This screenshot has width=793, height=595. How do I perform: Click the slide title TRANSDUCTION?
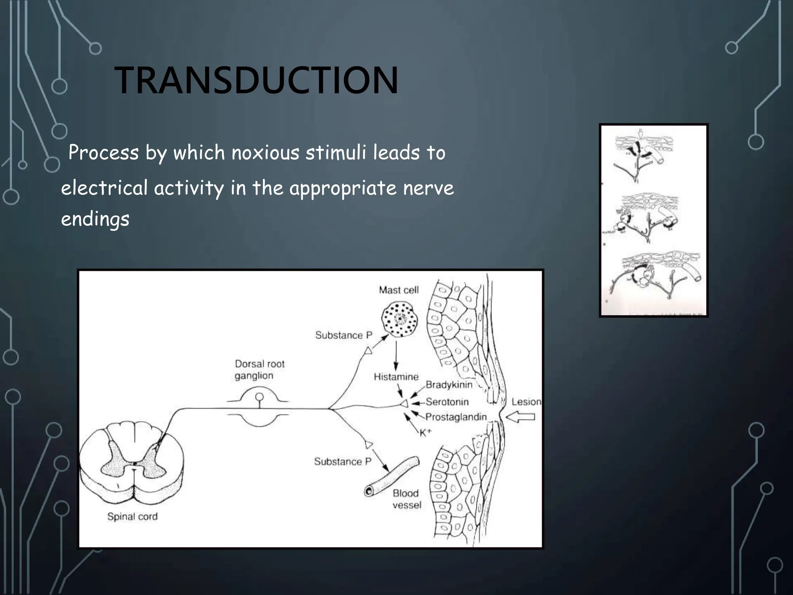point(256,80)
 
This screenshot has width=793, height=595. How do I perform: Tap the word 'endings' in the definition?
point(95,219)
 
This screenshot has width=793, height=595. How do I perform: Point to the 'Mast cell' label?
point(398,290)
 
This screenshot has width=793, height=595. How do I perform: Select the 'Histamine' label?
point(396,377)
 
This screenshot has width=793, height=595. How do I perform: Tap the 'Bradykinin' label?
point(449,385)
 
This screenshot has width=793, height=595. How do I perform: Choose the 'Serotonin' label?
point(447,402)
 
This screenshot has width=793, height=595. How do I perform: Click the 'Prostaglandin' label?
point(456,417)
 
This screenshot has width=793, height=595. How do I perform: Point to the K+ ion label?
point(425,433)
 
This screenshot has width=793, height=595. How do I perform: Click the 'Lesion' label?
point(526,402)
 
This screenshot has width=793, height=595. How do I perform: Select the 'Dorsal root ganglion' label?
point(259,370)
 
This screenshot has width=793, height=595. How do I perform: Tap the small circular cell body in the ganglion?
point(260,397)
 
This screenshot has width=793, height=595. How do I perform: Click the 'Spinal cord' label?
point(132,516)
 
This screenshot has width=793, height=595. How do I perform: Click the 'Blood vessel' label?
point(407,499)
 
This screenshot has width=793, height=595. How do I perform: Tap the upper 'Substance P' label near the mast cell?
point(343,335)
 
